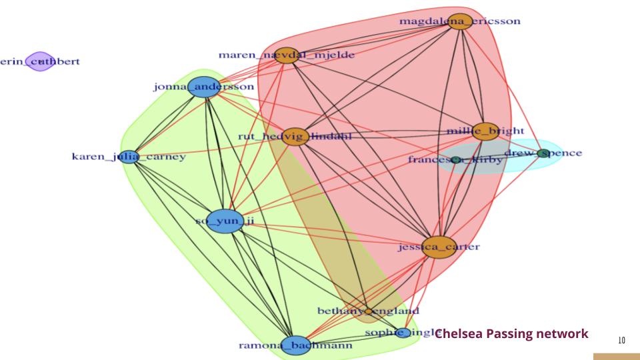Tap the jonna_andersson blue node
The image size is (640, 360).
pos(203,87)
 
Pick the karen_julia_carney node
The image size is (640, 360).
pos(129,157)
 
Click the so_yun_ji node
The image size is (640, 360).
pos(225,221)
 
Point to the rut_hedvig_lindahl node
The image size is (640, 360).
pos(295,137)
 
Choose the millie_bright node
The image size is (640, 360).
pos(487,131)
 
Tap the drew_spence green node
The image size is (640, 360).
pos(543,153)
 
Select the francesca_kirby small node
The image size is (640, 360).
pos(456,160)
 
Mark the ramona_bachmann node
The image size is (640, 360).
pos(295,345)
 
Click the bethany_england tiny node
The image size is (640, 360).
pos(368,311)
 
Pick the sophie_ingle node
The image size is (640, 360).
pos(403,333)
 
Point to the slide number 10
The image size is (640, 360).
pos(621,341)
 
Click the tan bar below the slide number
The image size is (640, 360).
pos(617,357)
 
